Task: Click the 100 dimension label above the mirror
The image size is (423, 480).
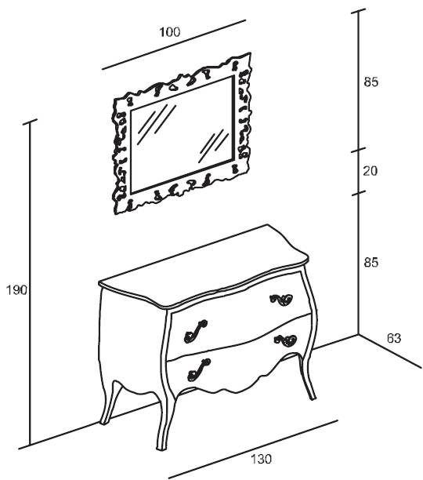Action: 170,32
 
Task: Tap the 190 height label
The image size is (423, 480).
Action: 16,290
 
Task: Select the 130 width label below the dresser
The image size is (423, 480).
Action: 261,459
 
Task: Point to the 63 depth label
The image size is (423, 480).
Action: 394,338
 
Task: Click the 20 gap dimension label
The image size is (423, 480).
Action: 371,170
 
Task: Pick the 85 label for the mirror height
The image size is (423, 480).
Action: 371,82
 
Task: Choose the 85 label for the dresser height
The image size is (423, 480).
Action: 371,262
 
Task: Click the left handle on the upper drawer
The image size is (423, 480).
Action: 196,331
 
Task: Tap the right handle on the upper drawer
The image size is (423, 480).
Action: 281,300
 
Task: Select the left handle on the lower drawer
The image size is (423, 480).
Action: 199,369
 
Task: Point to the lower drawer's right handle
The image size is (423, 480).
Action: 285,340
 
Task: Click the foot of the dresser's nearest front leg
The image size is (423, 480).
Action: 161,449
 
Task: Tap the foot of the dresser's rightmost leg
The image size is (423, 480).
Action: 313,398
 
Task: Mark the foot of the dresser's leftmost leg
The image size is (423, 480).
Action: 104,423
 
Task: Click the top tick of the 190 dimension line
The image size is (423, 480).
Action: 30,122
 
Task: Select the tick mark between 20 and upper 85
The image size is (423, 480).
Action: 358,150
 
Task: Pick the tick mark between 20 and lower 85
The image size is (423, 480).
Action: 358,193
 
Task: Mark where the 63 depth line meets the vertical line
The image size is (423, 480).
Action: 359,334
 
